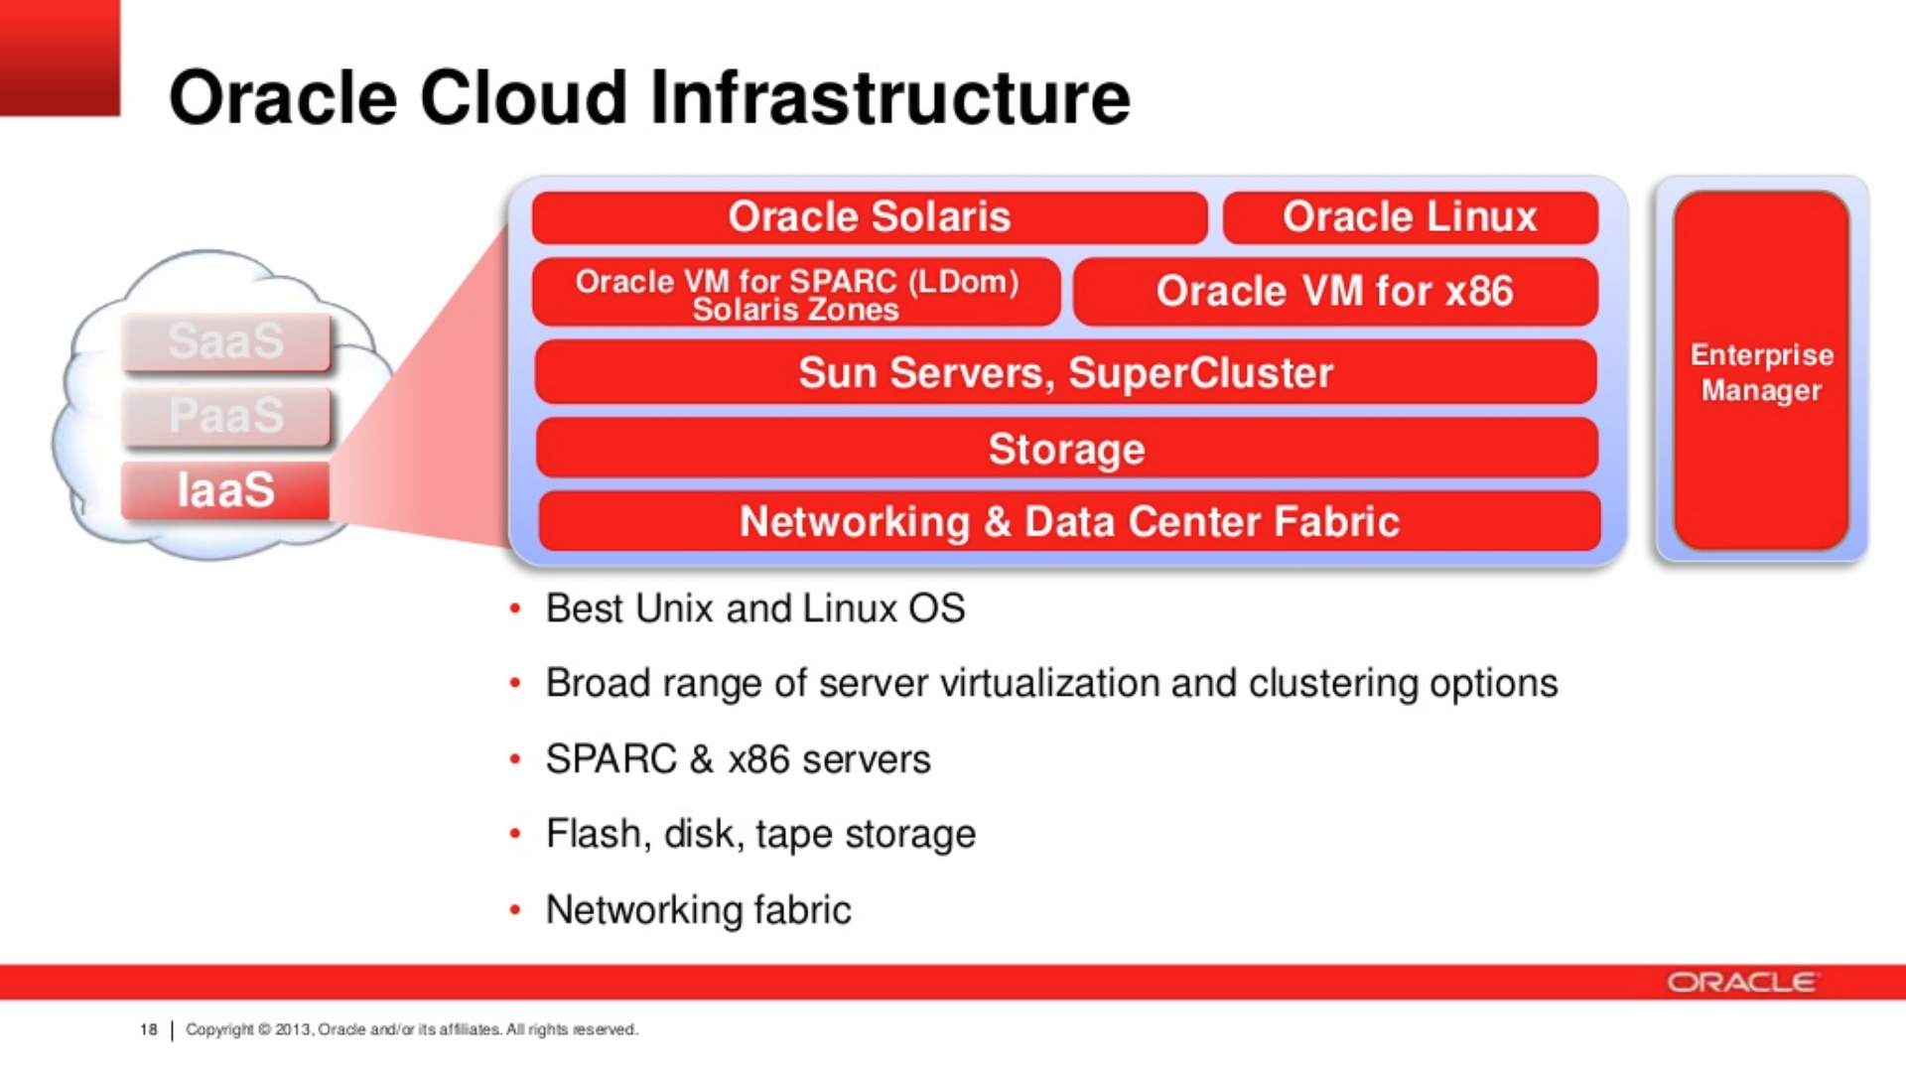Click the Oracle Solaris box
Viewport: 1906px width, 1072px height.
pos(870,217)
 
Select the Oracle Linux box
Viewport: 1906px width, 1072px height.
pos(1411,217)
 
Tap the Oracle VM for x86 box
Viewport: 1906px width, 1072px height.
pos(1335,292)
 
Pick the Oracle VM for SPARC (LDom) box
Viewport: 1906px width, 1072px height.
pos(796,292)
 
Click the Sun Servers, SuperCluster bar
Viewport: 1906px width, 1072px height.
pos(1066,372)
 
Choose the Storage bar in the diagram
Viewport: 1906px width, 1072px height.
pos(1067,448)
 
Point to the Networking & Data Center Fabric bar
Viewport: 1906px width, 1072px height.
pos(1069,521)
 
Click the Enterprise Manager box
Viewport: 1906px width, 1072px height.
pos(1761,370)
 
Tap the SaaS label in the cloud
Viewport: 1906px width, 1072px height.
pos(225,341)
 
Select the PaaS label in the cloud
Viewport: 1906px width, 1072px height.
pos(225,416)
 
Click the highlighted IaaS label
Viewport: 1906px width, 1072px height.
pos(225,490)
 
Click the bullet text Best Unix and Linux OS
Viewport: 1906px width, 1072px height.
pos(755,608)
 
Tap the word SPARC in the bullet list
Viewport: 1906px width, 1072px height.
pos(611,759)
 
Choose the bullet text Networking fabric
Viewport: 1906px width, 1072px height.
pos(698,909)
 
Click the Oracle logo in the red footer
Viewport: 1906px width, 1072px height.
pos(1742,982)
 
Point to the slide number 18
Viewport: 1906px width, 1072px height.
pos(149,1029)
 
